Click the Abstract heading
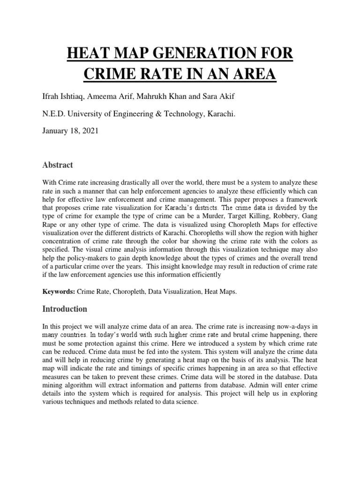[x=57, y=165]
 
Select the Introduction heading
[x=65, y=309]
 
